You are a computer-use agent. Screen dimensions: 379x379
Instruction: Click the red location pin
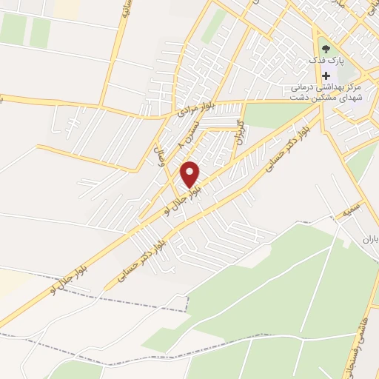pos(190,174)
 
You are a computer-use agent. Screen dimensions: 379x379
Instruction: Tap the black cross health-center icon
pos(326,76)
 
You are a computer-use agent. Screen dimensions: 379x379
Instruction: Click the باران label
pos(369,240)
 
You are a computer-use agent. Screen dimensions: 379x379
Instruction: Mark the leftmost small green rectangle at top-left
pos(13,29)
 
